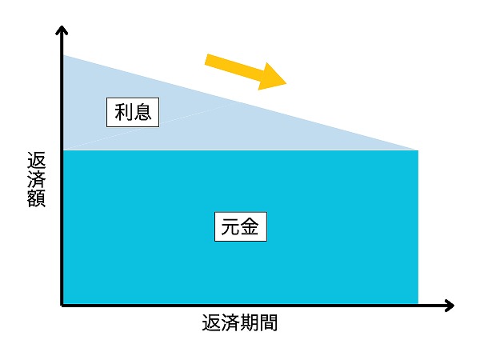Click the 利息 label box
133,112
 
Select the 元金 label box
241,226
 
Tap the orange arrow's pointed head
286,82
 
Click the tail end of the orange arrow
206,59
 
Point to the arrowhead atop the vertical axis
62,27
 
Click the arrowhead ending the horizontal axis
453,306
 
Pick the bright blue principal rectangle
241,227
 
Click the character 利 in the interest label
123,112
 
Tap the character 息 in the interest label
142,112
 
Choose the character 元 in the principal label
231,227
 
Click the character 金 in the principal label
250,227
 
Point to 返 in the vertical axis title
37,160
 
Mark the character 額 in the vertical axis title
37,198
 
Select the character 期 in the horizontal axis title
249,322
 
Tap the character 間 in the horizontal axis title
268,322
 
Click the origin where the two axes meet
62,306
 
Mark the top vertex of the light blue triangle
63,55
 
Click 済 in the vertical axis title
37,179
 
